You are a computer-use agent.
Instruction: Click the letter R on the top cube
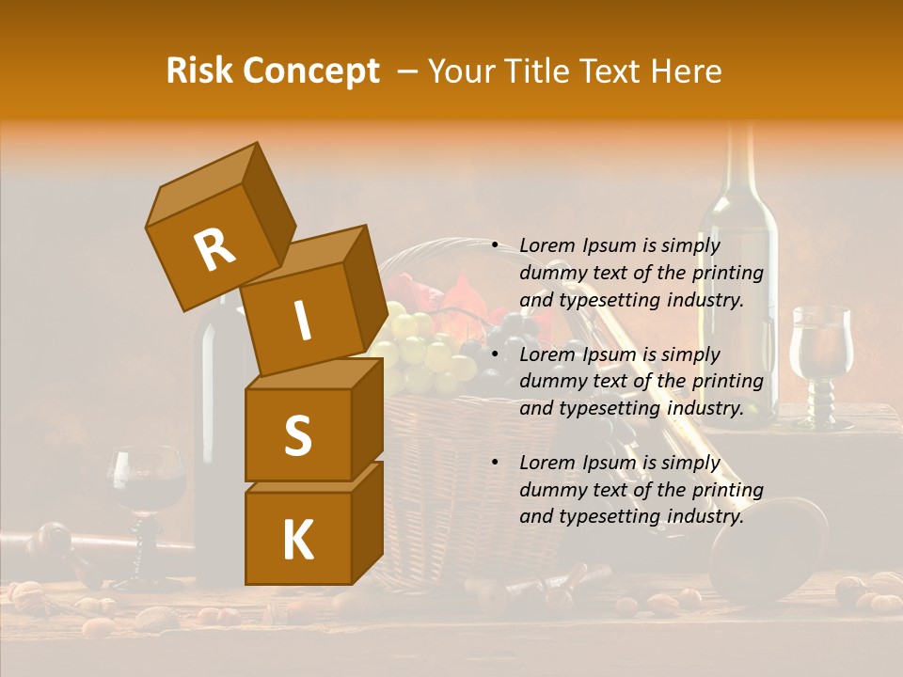pyautogui.click(x=214, y=250)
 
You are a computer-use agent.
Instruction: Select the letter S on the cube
pyautogui.click(x=297, y=435)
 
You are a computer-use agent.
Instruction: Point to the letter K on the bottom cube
pyautogui.click(x=297, y=541)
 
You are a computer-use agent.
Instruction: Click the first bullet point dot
pyautogui.click(x=495, y=245)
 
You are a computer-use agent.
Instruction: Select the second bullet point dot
pyautogui.click(x=495, y=354)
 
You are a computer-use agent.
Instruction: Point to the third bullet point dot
pyautogui.click(x=495, y=463)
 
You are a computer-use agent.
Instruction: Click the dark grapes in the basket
pyautogui.click(x=508, y=338)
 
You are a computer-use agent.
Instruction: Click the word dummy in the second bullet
pyautogui.click(x=551, y=381)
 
